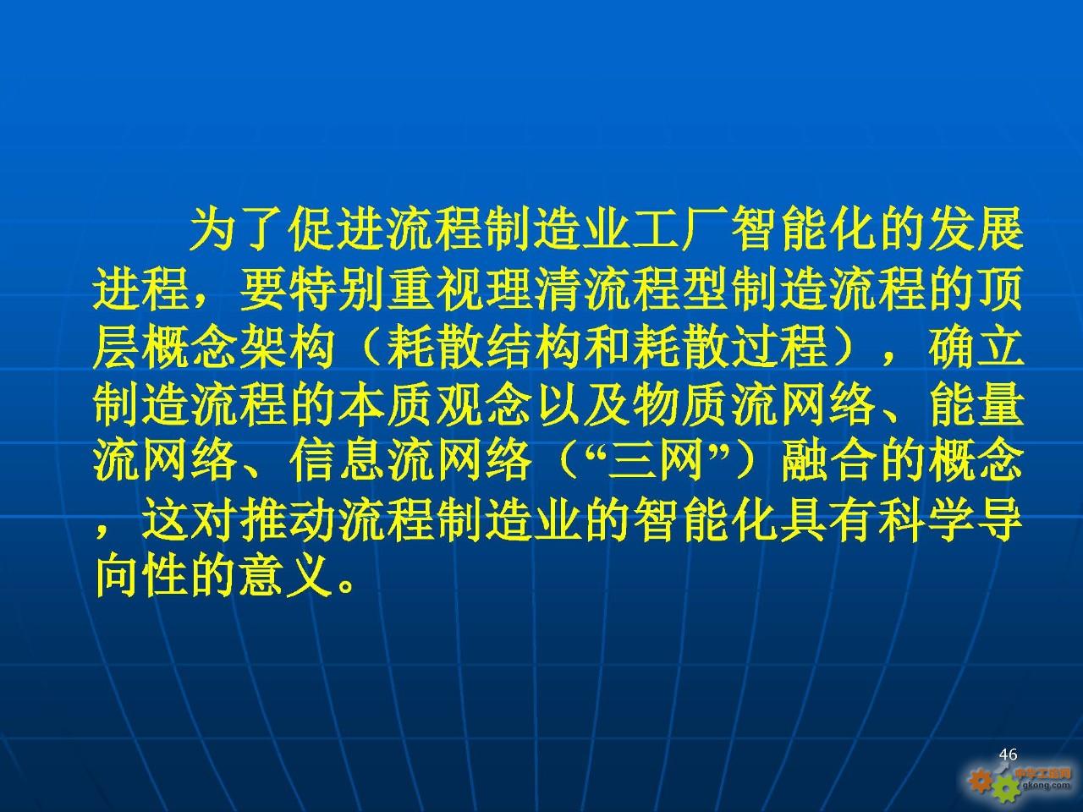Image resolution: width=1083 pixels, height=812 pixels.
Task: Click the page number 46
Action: (x=1008, y=754)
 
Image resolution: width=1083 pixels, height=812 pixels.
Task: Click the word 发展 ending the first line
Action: (x=975, y=231)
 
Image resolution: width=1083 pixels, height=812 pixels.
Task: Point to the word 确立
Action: (x=975, y=347)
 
